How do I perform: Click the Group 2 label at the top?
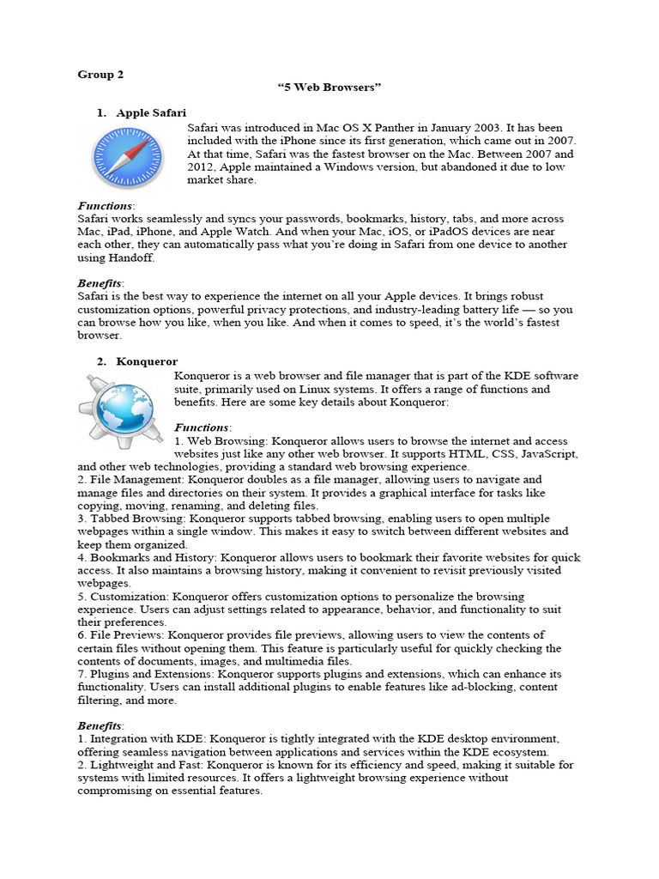click(100, 75)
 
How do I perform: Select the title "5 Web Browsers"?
click(329, 88)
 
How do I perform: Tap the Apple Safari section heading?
click(151, 113)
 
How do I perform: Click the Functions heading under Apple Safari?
click(105, 206)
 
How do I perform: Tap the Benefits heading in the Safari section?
click(100, 282)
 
